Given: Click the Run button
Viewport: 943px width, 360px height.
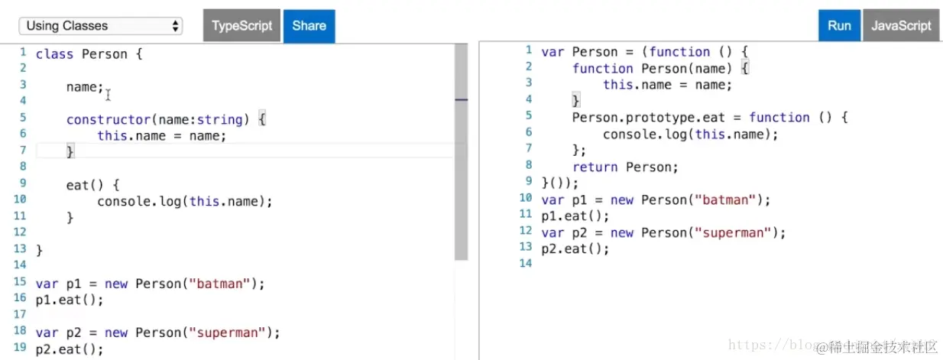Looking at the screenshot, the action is [x=838, y=25].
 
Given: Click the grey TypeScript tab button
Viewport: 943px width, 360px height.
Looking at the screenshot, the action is [x=241, y=25].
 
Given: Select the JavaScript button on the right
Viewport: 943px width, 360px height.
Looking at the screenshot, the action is [x=901, y=25].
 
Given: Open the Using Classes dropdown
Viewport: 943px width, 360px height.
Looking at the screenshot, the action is [x=101, y=26].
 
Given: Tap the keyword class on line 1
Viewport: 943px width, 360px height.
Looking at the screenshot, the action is [x=54, y=54].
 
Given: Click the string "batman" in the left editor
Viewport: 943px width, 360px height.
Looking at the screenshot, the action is [x=223, y=284].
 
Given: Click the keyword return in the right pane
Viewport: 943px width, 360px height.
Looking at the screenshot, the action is [x=595, y=167].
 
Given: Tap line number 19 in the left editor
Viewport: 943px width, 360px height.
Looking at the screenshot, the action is [x=20, y=349].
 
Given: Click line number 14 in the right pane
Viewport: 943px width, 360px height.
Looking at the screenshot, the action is [x=524, y=263].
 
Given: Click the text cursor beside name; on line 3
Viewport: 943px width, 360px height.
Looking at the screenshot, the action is [x=109, y=95].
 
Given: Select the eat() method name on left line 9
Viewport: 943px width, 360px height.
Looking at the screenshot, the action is [x=77, y=184].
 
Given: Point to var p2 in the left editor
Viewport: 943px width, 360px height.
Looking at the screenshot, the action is [x=59, y=332].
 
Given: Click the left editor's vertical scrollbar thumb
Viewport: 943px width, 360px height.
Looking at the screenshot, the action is [x=461, y=153].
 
